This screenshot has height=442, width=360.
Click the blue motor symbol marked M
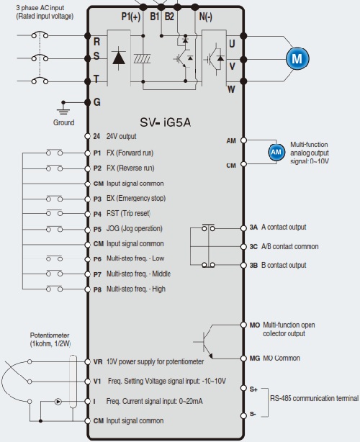pos(297,58)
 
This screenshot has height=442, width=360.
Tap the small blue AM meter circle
pos(276,152)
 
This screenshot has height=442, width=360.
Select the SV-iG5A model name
pos(165,122)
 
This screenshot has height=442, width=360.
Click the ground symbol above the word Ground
pos(63,109)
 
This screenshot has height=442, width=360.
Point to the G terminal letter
pos(96,102)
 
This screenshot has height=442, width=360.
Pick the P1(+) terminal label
pos(131,17)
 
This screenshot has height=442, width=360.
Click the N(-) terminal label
pos(205,17)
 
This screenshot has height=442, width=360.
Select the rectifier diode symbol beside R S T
pos(119,58)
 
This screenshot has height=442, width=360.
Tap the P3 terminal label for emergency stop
pos(97,199)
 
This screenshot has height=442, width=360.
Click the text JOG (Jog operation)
pos(134,228)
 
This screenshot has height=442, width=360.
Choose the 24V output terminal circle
pos(87,136)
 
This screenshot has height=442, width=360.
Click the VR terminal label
pos(97,361)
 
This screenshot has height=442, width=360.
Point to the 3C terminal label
pos(253,247)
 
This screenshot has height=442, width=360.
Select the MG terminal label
pos(255,358)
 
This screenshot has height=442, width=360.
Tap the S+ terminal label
pos(253,389)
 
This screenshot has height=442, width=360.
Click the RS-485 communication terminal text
pos(315,398)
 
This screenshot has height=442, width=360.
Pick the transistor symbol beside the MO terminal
pos(204,342)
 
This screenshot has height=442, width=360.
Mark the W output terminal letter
pos(231,89)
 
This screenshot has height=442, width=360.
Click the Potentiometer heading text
pos(50,335)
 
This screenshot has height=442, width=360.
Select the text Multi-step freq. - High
pos(136,289)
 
